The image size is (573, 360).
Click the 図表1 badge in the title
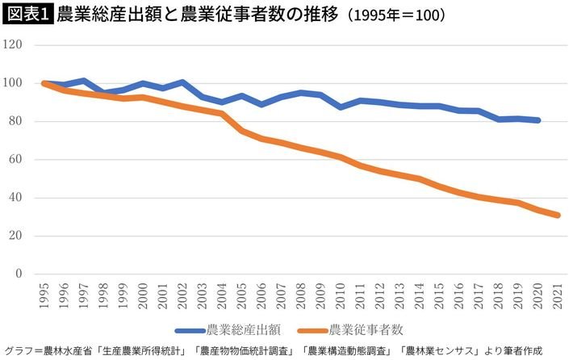pos(27,15)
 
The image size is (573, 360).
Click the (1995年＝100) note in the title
pos(396,15)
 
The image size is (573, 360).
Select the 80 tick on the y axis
pos(22,122)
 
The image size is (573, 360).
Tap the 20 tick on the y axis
pos(22,237)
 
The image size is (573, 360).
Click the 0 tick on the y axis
pos(25,274)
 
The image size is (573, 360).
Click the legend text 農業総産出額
pos(243,329)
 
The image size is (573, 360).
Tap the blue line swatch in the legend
pos(189,329)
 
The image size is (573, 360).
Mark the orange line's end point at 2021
pos(558,216)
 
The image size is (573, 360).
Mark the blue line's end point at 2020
pos(538,120)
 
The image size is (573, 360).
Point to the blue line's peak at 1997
pos(82,81)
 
